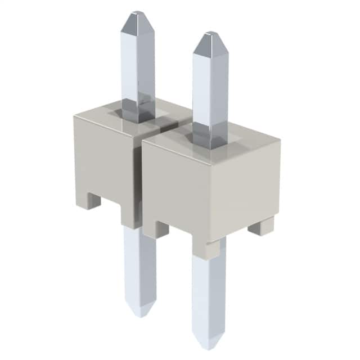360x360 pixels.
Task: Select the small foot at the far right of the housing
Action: [262, 226]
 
